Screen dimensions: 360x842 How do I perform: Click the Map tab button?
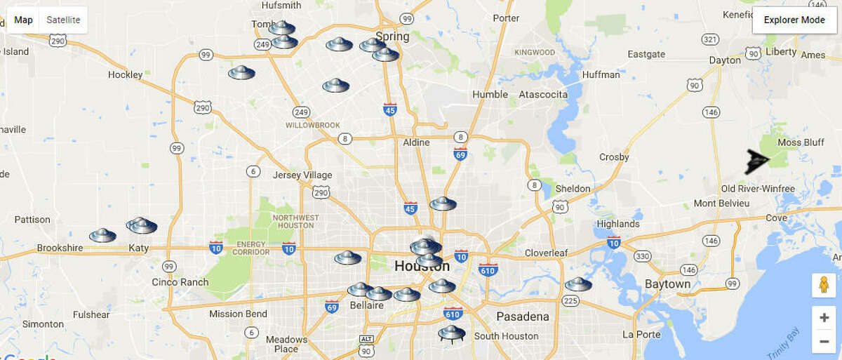tap(24, 20)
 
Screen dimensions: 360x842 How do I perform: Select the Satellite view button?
tap(63, 20)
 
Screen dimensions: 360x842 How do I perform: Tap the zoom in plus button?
tap(824, 318)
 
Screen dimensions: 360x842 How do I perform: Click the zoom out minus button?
tap(824, 342)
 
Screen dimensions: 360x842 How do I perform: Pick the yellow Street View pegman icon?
tap(824, 285)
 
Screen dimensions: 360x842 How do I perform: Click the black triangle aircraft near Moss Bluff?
tap(757, 161)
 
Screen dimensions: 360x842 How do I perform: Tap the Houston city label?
tap(422, 267)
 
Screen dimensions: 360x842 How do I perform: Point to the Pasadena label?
tap(523, 316)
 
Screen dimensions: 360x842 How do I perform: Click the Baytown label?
tap(668, 284)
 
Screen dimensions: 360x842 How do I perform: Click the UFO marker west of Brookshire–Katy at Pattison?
tap(102, 235)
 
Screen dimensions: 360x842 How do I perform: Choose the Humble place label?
tap(490, 94)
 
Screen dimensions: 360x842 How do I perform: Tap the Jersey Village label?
tap(302, 175)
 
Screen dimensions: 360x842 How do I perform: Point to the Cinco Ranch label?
tap(180, 282)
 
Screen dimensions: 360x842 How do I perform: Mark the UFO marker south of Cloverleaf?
tap(578, 284)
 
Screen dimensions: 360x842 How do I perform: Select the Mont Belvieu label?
tap(721, 203)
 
